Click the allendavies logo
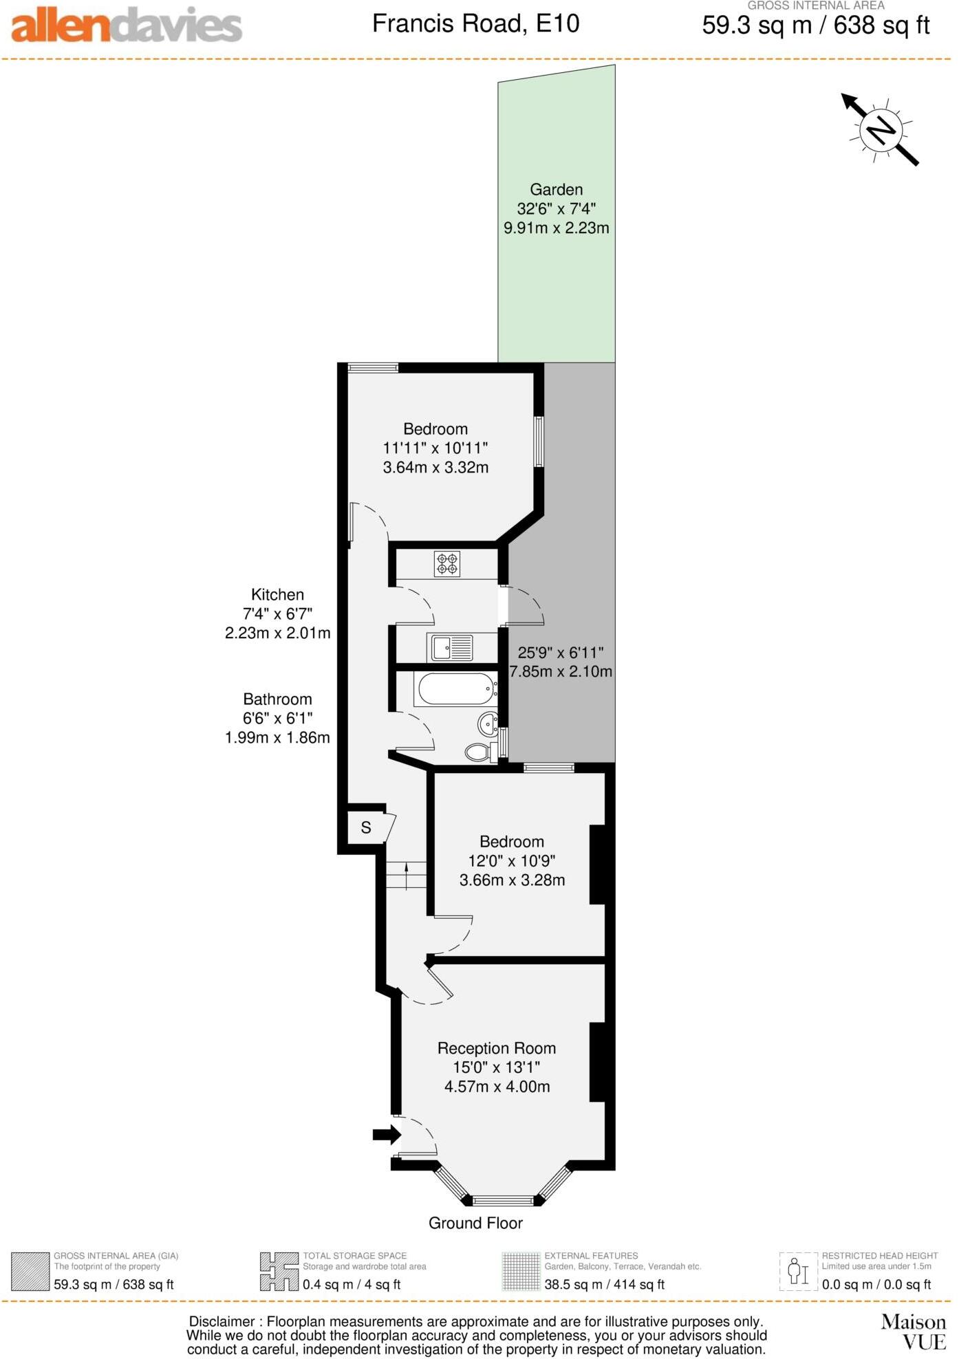(x=127, y=26)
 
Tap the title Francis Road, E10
(x=475, y=24)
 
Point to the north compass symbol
(x=881, y=129)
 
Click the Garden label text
(x=556, y=190)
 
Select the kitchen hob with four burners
(x=446, y=564)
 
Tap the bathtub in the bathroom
(x=455, y=688)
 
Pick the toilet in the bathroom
(x=479, y=752)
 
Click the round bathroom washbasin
(x=488, y=724)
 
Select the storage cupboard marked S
(x=366, y=828)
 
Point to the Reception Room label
(x=496, y=1048)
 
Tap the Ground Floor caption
(x=475, y=1223)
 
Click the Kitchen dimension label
(x=277, y=613)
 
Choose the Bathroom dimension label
(x=277, y=718)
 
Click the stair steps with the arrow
(x=406, y=876)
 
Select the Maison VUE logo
(x=913, y=1331)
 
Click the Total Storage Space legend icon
(x=279, y=1272)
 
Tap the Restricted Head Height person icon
(x=798, y=1272)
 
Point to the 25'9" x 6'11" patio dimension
(x=561, y=662)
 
